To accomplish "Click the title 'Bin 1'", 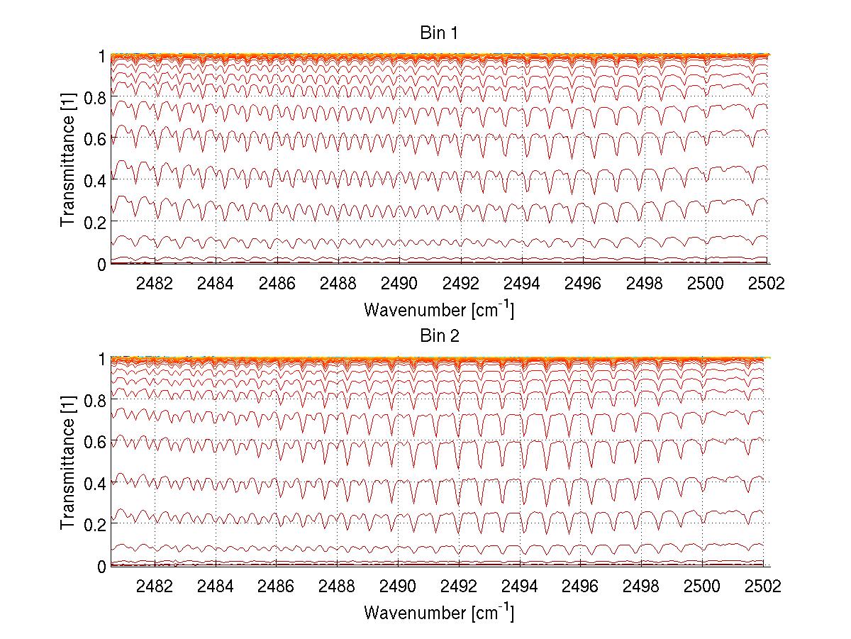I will tap(439, 33).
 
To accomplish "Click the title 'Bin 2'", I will tap(439, 335).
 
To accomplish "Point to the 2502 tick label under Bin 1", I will tap(765, 284).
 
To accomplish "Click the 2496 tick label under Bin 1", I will tap(582, 284).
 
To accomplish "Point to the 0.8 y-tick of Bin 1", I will tap(96, 96).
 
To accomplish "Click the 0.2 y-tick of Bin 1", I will tap(96, 222).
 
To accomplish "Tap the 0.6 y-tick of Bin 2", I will tap(96, 441).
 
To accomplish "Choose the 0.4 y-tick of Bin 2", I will tap(96, 483).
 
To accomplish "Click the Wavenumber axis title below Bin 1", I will tap(439, 309).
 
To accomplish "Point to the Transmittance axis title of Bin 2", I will tap(68, 462).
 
